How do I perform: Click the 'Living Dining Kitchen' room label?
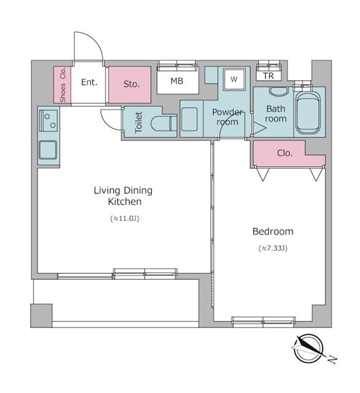(122, 196)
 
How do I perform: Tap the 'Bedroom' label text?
(273, 232)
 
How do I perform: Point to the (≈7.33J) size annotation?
(273, 249)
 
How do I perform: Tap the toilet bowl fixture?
(162, 123)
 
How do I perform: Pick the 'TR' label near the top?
(268, 76)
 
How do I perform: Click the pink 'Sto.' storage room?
(130, 84)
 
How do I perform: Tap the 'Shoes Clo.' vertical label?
(63, 85)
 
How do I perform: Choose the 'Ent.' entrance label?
(90, 82)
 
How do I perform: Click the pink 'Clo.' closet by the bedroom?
(284, 154)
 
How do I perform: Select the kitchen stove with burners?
(48, 120)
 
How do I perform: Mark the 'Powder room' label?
(227, 117)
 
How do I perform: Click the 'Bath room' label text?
(275, 114)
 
